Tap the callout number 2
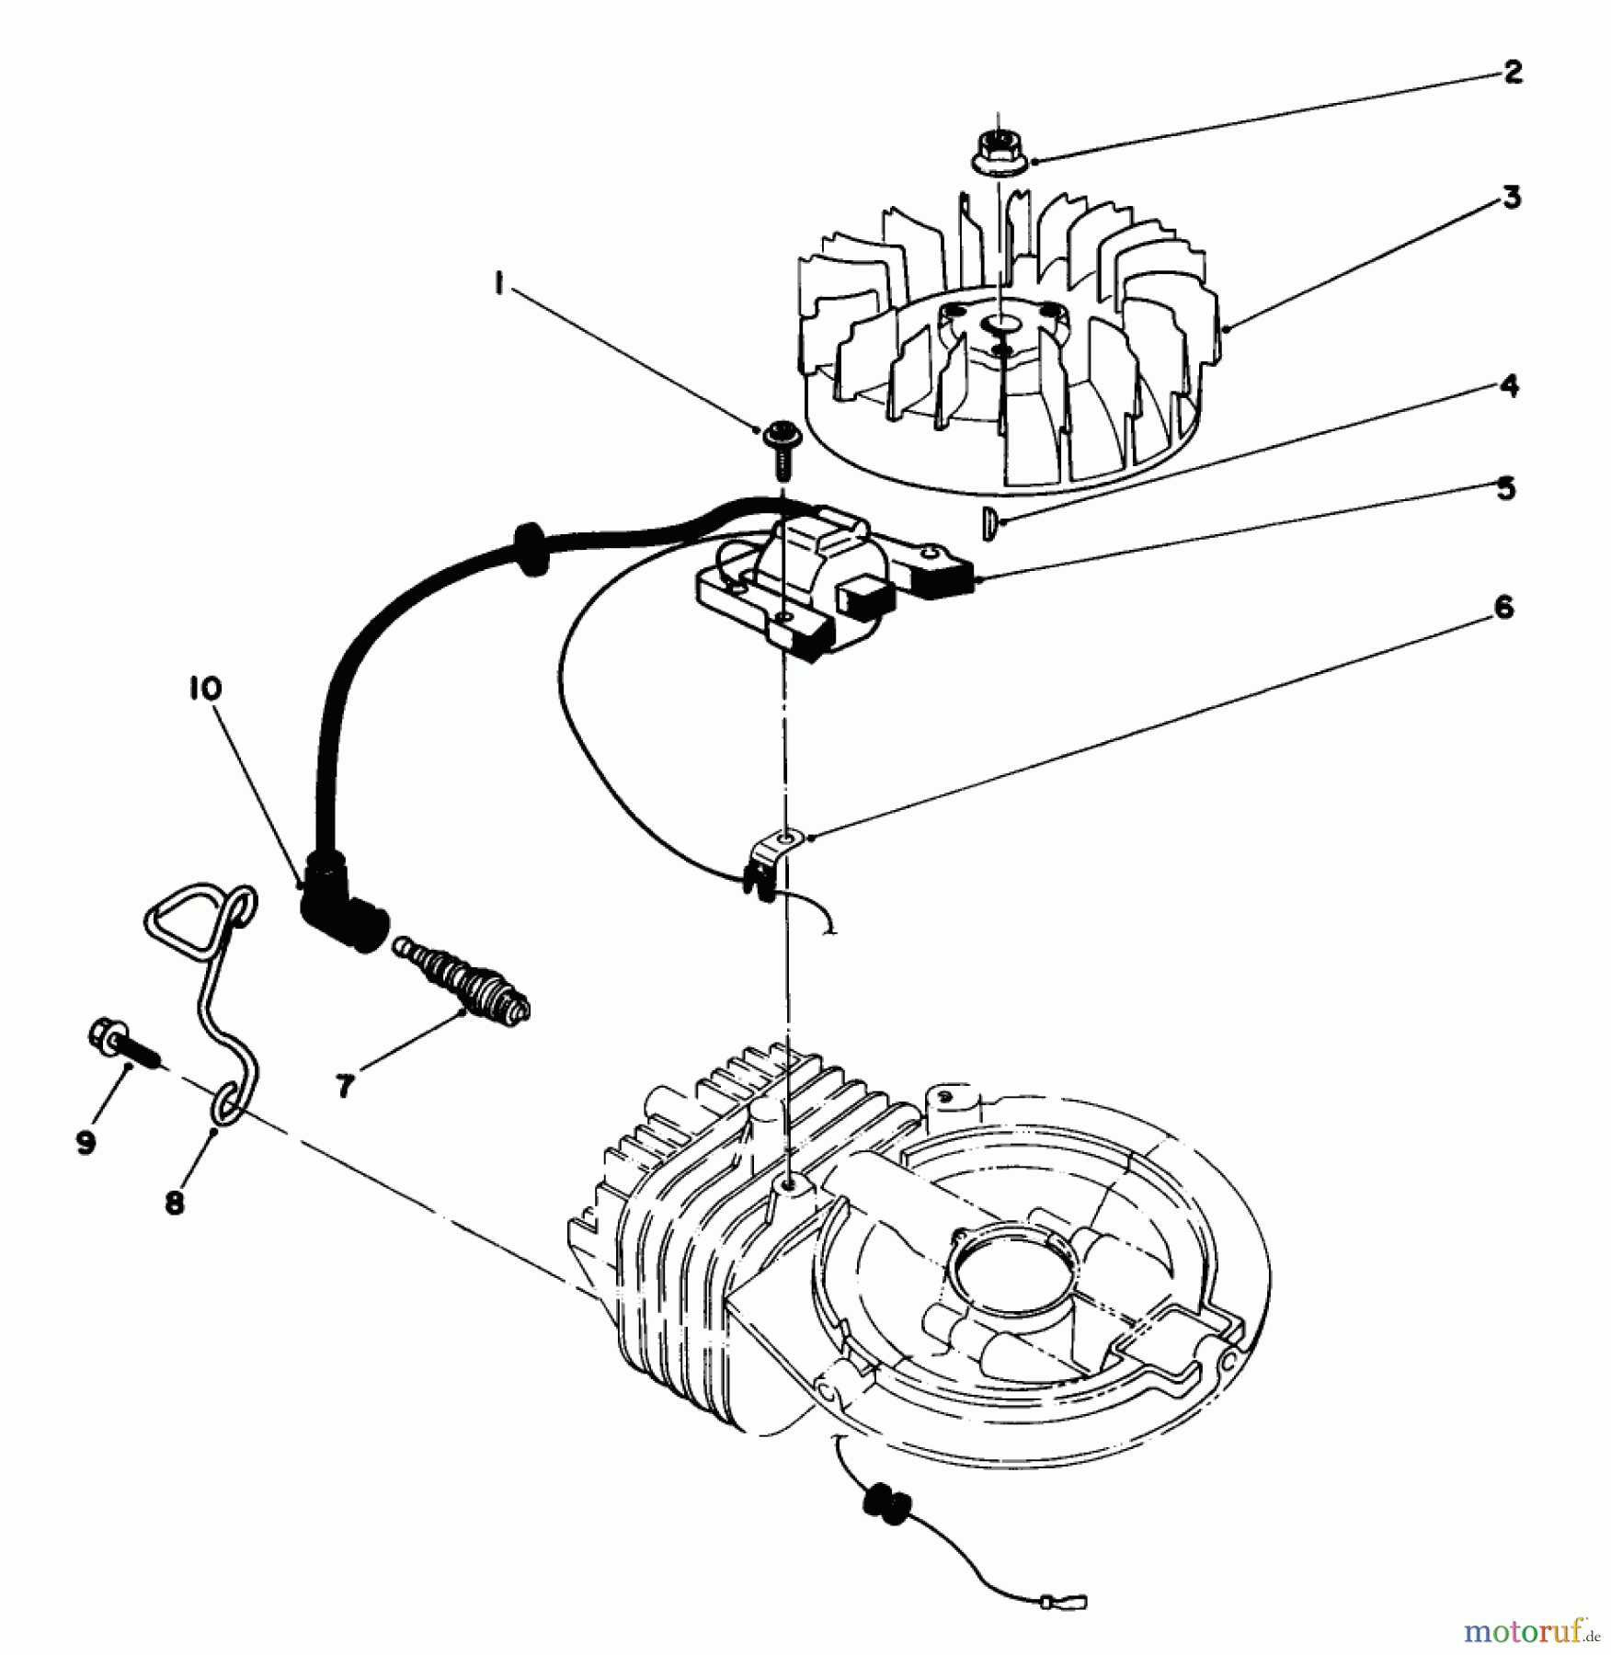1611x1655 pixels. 1513,72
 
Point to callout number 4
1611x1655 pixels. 1509,386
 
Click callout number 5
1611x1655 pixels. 1505,488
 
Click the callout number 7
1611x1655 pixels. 345,1086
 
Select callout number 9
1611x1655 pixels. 86,1143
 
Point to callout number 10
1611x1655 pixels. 207,689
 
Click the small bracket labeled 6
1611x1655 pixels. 773,855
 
